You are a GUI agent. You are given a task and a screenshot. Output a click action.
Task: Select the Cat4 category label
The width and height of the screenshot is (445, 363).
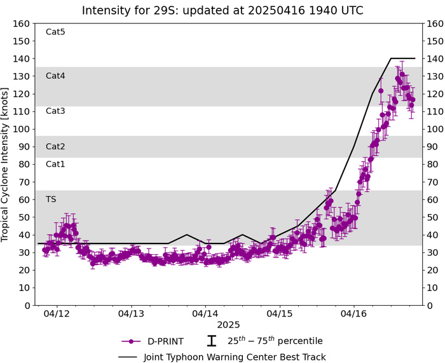55,76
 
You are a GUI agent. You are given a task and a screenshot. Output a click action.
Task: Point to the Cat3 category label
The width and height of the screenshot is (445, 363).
55,111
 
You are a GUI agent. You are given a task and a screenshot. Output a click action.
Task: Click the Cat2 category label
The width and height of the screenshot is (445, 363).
55,146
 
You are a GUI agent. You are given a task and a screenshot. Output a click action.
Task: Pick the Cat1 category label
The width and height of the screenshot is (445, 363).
55,164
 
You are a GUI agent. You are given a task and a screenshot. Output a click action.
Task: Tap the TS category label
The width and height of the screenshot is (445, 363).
51,199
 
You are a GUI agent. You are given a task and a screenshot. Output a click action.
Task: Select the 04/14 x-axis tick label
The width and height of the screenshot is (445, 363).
205,314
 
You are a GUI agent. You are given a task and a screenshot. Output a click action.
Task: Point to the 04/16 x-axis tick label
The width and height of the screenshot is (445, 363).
354,314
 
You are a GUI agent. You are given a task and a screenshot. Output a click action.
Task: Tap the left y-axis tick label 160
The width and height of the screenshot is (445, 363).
22,24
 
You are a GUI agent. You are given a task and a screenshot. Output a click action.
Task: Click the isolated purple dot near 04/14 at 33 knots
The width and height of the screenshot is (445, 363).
209,247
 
